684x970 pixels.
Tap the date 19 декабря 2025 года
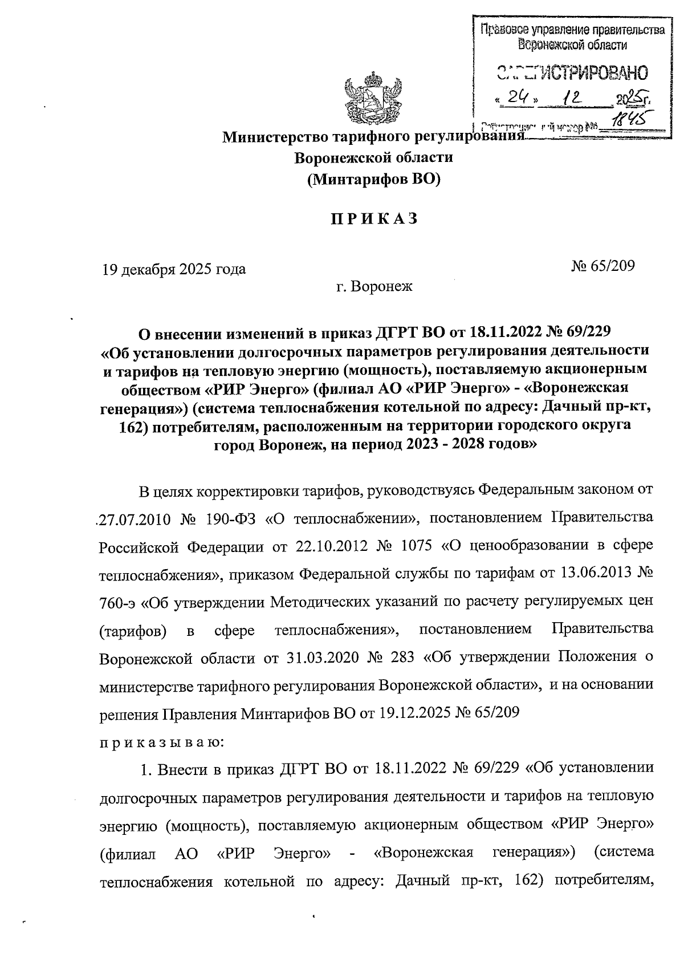(174, 269)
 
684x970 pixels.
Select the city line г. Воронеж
(374, 286)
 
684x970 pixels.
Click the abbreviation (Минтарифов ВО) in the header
(374, 180)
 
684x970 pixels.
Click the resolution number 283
(404, 658)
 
